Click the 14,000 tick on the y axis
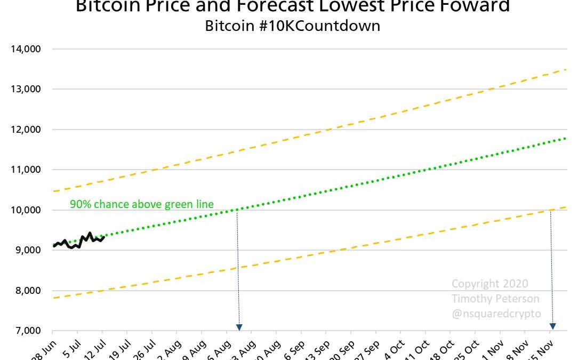26,49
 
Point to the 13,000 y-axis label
26,89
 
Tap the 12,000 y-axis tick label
26,130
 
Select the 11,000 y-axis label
26,170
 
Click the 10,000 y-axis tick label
26,210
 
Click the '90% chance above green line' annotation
142,204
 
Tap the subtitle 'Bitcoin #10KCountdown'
293,26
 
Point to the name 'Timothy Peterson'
495,299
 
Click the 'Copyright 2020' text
490,284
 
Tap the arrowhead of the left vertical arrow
239,327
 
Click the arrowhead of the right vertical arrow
552,326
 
